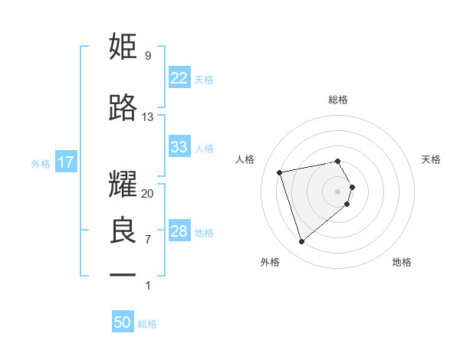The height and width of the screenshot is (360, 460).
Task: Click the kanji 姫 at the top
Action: click(123, 46)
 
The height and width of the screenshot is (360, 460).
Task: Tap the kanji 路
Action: click(123, 109)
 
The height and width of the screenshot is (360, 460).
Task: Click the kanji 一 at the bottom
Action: click(123, 274)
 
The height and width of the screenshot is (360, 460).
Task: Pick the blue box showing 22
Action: click(179, 78)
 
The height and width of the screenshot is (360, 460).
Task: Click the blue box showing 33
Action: click(179, 147)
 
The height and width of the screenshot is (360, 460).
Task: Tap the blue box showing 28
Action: click(179, 231)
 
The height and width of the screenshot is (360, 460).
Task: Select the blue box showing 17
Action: click(64, 162)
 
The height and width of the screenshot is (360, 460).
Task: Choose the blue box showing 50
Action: click(123, 322)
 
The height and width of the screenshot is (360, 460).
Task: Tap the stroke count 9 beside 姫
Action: click(147, 55)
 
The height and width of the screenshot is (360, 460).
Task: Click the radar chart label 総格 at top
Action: click(337, 100)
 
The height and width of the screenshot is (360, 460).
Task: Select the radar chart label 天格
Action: click(431, 159)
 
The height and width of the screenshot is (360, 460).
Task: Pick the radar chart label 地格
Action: click(402, 262)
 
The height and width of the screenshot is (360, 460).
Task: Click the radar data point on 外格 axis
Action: click(301, 242)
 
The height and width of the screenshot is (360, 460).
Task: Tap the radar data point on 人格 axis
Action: click(280, 172)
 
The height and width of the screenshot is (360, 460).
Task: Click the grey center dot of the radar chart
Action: click(337, 191)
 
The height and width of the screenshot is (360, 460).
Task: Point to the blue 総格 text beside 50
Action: click(147, 324)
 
